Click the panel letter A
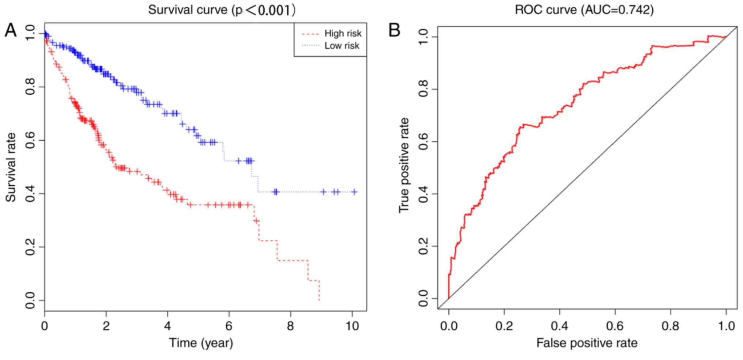(x=11, y=30)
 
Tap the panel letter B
(x=394, y=30)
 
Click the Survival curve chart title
(x=222, y=10)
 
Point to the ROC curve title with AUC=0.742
(x=584, y=10)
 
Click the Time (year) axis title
(x=201, y=343)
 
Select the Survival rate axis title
(x=11, y=167)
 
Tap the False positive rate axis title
(x=587, y=343)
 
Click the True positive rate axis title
(x=404, y=165)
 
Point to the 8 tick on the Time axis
(x=290, y=325)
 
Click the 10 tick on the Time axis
(x=352, y=325)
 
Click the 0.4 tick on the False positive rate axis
(x=559, y=325)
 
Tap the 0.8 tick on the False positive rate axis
(x=671, y=325)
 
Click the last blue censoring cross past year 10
(x=354, y=192)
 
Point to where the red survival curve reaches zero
(x=319, y=300)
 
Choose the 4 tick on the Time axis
(x=167, y=325)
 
